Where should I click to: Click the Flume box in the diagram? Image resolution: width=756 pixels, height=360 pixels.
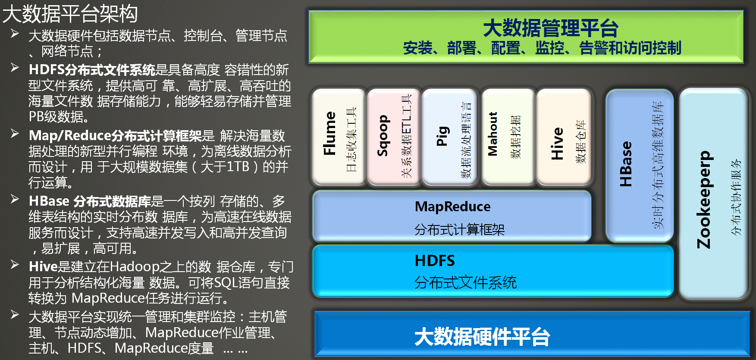point(339,137)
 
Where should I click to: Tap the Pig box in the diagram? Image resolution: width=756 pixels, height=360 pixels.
point(449,137)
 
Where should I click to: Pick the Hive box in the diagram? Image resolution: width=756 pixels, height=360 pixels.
point(563,137)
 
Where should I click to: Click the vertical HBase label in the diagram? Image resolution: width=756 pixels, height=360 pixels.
point(625,164)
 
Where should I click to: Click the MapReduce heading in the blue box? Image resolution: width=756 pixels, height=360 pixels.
point(452,207)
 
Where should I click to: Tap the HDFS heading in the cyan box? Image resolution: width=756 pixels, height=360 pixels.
point(435,261)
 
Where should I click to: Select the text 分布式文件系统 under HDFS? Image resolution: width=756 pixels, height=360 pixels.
point(465,282)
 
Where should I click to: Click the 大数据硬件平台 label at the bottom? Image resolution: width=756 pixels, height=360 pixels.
point(482,337)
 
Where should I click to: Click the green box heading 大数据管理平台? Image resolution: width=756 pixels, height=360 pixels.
point(551,28)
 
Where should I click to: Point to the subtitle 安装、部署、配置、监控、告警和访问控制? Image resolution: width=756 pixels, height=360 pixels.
point(542,48)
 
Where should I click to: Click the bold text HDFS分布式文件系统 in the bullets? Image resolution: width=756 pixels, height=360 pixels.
point(92,70)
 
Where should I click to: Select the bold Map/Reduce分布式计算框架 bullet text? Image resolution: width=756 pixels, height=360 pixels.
point(115,136)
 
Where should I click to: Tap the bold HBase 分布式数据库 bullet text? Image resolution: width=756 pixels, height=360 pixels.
point(90,201)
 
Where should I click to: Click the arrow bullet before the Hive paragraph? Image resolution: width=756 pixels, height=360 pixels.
point(15,265)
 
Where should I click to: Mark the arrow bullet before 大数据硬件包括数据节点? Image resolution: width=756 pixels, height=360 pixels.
point(15,34)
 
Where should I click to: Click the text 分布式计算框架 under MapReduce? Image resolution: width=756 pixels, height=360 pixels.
point(459,229)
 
